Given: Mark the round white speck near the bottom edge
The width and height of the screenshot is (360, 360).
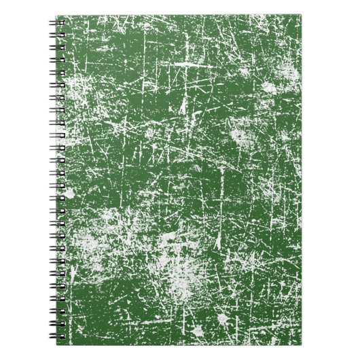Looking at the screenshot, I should (x=197, y=331).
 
